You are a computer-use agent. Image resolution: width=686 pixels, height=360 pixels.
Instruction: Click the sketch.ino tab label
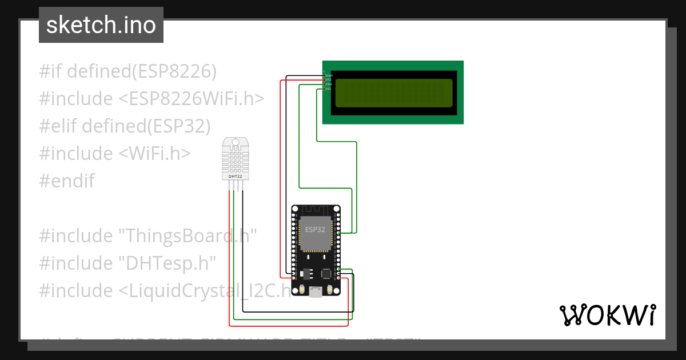click(101, 25)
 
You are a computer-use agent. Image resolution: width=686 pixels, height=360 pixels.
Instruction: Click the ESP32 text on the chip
click(315, 230)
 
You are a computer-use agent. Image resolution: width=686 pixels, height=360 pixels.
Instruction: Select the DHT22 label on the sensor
click(236, 176)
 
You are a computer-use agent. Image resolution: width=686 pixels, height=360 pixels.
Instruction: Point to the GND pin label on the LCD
click(329, 75)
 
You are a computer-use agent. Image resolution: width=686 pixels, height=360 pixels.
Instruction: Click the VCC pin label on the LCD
click(329, 80)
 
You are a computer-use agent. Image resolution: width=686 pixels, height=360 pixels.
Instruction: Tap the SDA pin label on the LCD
click(329, 85)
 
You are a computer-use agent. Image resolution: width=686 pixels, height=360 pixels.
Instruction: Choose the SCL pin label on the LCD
click(329, 89)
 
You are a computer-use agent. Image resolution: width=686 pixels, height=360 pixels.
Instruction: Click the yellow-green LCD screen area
click(393, 93)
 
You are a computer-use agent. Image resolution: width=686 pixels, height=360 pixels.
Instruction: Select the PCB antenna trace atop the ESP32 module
click(316, 211)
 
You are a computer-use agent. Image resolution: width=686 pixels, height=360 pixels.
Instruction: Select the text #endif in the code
click(67, 181)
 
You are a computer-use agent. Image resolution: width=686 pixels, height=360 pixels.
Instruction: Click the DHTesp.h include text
click(167, 263)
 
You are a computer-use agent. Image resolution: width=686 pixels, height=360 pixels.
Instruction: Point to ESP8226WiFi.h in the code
click(192, 98)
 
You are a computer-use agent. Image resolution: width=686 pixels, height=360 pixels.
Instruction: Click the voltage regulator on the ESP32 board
click(305, 274)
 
